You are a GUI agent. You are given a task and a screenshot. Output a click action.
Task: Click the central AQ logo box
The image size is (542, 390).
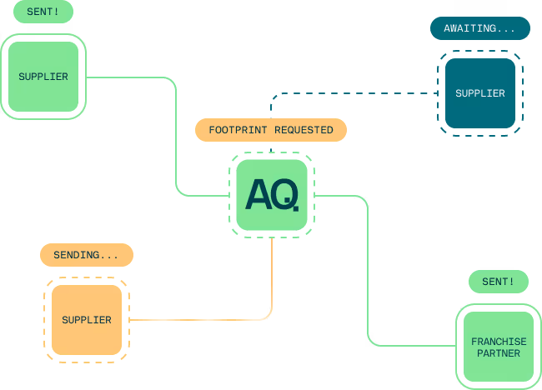(x=271, y=195)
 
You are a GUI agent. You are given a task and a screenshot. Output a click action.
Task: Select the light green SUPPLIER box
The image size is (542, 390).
(x=43, y=77)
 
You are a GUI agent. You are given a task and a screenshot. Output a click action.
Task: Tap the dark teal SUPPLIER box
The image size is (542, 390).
(x=479, y=93)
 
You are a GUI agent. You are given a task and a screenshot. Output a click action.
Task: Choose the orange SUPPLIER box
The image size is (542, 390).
(x=87, y=320)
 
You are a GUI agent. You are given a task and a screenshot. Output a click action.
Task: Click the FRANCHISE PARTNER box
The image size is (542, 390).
(x=499, y=347)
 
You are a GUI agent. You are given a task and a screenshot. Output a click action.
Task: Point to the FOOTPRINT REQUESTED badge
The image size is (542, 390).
(x=271, y=130)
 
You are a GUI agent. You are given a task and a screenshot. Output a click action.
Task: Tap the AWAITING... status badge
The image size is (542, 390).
(x=479, y=28)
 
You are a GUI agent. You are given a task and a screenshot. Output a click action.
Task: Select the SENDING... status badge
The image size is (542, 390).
(x=87, y=255)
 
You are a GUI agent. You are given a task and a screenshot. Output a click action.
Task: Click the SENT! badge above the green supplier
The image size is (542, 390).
(x=43, y=12)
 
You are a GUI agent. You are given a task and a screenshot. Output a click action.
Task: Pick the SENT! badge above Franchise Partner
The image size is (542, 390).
(x=499, y=282)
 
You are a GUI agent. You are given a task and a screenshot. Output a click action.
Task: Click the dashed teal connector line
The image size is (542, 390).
(x=350, y=93)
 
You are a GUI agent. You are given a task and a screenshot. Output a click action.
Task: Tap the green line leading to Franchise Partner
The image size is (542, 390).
(x=368, y=275)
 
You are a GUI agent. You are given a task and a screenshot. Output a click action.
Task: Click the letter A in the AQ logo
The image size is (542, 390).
(x=258, y=195)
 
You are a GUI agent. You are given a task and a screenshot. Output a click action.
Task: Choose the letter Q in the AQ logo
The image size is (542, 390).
(x=284, y=195)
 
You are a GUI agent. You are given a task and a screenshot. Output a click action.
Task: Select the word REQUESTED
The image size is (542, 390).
(x=304, y=130)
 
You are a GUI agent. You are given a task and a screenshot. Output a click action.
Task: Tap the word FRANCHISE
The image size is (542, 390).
(x=499, y=342)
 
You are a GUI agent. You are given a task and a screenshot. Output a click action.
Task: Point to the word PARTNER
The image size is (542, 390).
(x=499, y=353)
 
